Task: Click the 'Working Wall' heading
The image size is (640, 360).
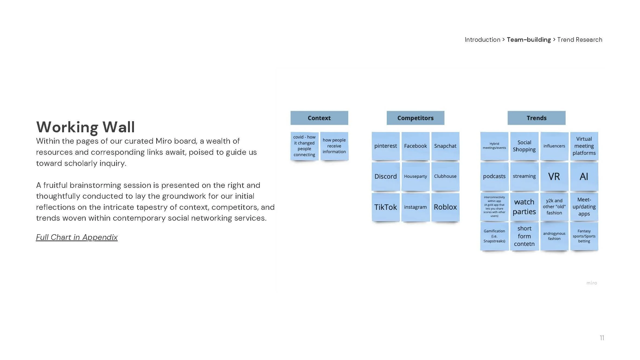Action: pos(85,127)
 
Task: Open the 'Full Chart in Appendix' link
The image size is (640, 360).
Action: pos(77,237)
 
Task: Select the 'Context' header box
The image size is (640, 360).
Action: pos(319,118)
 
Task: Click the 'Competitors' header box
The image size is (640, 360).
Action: pos(415,118)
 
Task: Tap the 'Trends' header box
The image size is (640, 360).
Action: pos(536,118)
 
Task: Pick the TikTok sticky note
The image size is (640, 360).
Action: pos(385,207)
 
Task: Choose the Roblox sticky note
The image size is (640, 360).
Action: pos(445,207)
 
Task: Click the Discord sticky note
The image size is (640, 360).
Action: pos(385,176)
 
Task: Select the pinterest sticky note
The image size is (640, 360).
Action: pos(385,146)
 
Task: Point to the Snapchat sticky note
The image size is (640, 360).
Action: pos(445,146)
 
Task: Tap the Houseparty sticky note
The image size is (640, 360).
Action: pos(415,176)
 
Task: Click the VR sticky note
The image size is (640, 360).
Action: pos(554,176)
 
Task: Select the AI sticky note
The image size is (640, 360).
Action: pos(584,176)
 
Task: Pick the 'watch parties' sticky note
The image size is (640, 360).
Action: pos(524,207)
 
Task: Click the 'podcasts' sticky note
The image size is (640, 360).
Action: pos(494,176)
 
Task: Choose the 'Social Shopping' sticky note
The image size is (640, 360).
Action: pos(524,146)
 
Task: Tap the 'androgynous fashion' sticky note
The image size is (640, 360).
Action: pos(554,236)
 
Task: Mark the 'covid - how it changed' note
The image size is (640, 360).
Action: pos(304,146)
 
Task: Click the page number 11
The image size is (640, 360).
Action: pos(602,338)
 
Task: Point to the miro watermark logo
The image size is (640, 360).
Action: pos(591,283)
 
